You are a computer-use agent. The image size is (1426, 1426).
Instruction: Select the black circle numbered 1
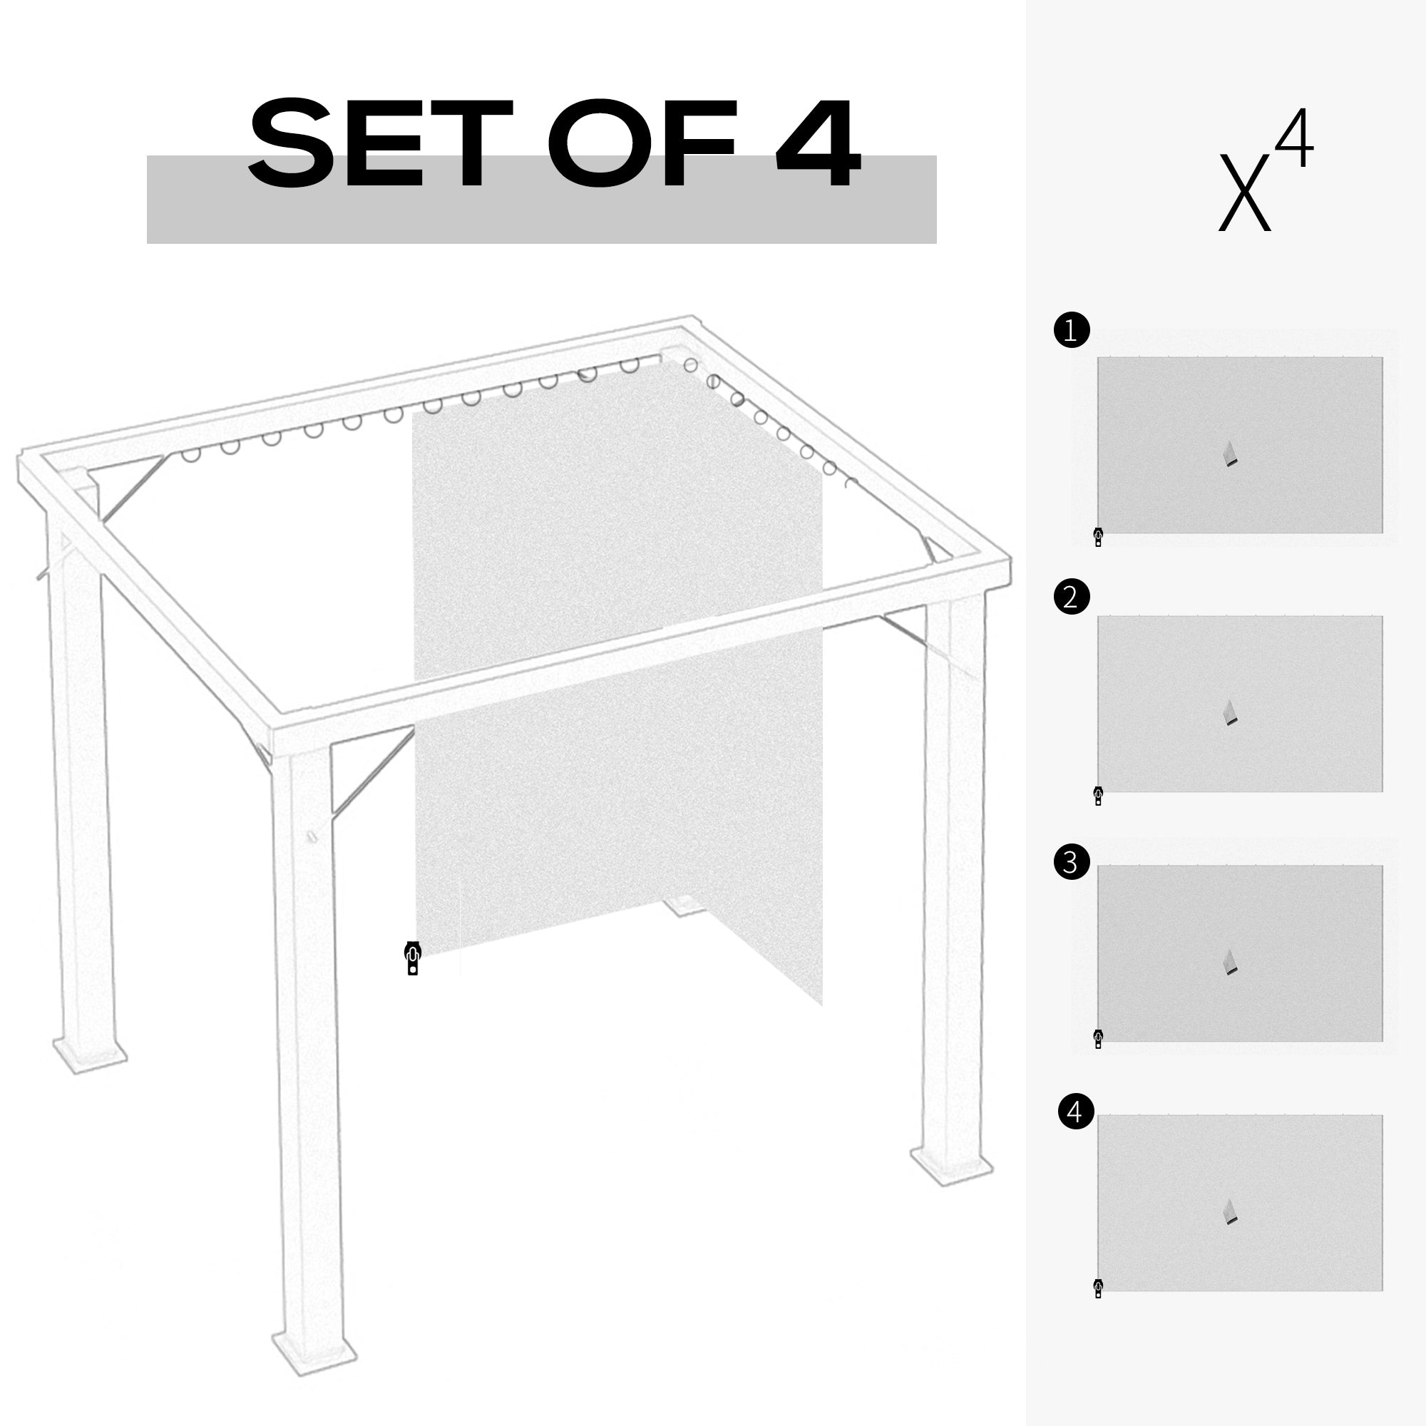coord(1072,330)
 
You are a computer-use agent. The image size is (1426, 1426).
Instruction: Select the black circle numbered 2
coord(1072,595)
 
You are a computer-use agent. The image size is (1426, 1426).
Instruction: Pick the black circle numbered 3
coord(1072,861)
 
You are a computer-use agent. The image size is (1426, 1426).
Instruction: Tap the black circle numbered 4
coord(1075,1132)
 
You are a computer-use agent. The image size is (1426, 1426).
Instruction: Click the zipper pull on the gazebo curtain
coord(413,958)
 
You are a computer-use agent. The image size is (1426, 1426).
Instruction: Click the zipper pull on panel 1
coord(1098,537)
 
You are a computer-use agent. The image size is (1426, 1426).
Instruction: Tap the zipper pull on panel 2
coord(1098,796)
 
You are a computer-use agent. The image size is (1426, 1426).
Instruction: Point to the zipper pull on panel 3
coord(1098,1039)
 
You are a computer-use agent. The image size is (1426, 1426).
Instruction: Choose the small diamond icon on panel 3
coord(1230,962)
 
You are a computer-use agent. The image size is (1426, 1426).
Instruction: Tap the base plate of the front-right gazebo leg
coord(951,1169)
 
